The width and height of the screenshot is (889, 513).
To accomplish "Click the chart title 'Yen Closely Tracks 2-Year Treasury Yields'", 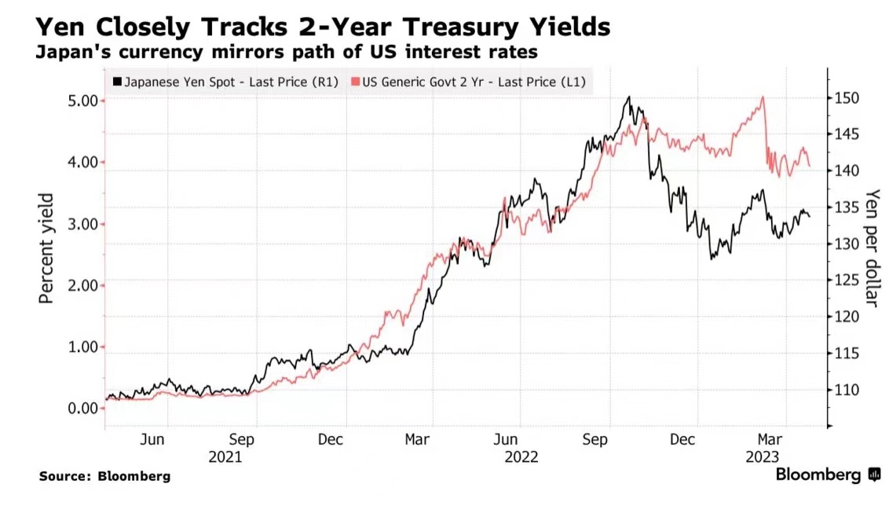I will tap(323, 27).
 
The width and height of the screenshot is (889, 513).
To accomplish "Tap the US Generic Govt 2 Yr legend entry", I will tap(470, 81).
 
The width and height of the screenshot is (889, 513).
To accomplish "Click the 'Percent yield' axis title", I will tap(48, 248).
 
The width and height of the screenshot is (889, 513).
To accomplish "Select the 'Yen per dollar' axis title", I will tap(871, 248).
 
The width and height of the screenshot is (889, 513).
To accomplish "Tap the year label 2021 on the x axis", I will tap(225, 457).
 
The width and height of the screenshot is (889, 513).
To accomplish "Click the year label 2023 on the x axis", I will tap(763, 457).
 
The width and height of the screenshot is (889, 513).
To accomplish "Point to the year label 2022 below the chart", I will tap(521, 457).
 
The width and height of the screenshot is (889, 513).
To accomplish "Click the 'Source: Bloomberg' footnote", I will tap(104, 476).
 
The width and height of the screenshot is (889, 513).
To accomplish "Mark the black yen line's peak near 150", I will tap(629, 97).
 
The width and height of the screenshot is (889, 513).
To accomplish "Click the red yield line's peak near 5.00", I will tap(762, 97).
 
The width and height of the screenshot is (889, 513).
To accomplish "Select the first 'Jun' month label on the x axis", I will tap(152, 440).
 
